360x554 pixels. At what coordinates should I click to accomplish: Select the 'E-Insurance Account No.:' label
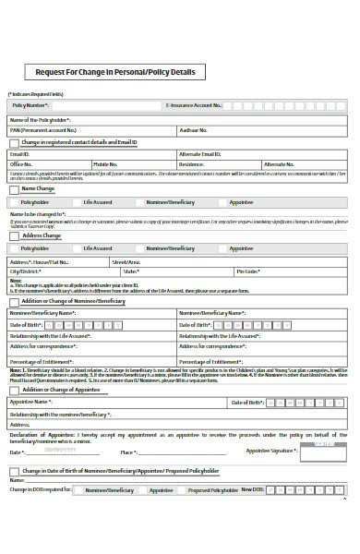click(x=193, y=105)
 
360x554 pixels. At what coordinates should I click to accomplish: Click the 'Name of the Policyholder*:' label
click(x=40, y=120)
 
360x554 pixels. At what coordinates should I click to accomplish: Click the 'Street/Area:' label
click(x=126, y=262)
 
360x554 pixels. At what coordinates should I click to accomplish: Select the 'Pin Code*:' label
click(x=247, y=271)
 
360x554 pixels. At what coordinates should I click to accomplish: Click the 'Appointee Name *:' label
click(x=30, y=403)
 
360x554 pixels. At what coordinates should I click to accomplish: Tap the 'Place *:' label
click(x=128, y=452)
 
